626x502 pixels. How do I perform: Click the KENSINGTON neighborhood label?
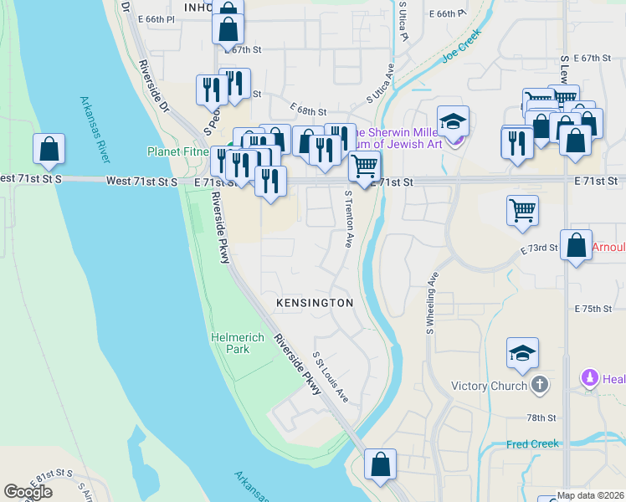[316, 302]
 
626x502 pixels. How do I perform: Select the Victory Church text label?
[488, 386]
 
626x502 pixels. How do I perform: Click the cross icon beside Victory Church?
[541, 385]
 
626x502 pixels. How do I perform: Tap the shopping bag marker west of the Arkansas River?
[49, 151]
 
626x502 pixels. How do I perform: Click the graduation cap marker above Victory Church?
[522, 354]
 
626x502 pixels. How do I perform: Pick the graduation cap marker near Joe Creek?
[453, 122]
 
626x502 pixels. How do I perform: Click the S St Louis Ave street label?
[331, 376]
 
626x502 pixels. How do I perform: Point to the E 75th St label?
[593, 309]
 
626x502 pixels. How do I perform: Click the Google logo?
[28, 492]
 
